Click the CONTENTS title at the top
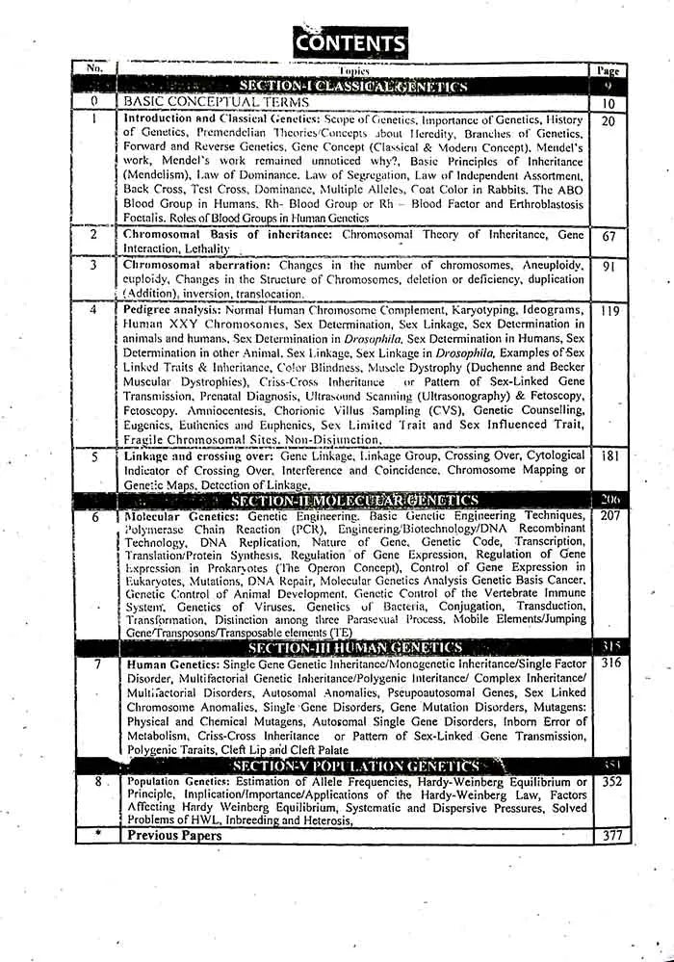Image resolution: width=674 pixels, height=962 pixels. (x=350, y=42)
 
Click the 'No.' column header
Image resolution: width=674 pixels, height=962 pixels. (x=94, y=68)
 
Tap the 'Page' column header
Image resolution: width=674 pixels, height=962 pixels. (x=608, y=70)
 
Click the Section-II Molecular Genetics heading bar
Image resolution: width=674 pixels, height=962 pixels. (x=353, y=501)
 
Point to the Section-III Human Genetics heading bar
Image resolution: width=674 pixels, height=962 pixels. (x=353, y=649)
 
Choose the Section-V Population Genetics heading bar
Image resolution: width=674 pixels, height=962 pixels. (x=353, y=766)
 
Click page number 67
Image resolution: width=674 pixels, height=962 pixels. (x=608, y=237)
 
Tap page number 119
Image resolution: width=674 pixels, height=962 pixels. (x=608, y=312)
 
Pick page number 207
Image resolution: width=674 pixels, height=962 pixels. (x=608, y=517)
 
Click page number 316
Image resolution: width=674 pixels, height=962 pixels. (x=608, y=664)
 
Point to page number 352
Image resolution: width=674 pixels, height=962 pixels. (x=608, y=782)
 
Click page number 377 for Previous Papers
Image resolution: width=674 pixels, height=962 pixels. (x=608, y=836)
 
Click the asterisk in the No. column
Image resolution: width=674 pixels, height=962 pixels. (x=95, y=834)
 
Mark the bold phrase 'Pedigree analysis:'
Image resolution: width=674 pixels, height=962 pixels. (x=173, y=311)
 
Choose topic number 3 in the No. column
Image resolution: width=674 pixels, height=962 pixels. (x=94, y=265)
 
